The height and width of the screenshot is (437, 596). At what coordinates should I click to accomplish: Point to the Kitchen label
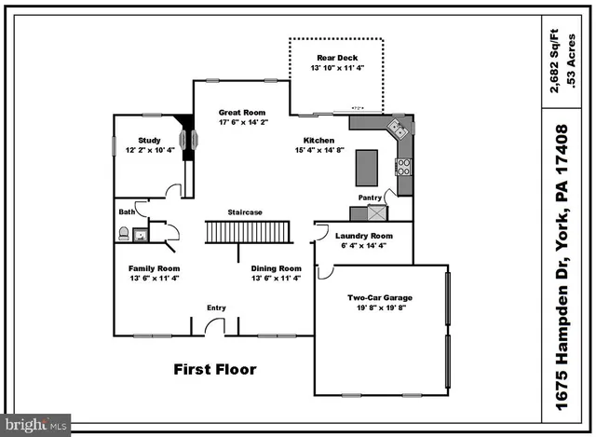pyautogui.click(x=319, y=140)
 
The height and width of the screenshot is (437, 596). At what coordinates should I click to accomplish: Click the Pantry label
pyautogui.click(x=370, y=198)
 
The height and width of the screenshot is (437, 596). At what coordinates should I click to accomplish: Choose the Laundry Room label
pyautogui.click(x=364, y=236)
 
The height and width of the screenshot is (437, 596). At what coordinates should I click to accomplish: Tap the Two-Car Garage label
pyautogui.click(x=380, y=298)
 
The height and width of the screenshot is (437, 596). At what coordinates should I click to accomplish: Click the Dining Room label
pyautogui.click(x=277, y=268)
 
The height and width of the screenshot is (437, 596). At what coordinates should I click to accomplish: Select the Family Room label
pyautogui.click(x=154, y=268)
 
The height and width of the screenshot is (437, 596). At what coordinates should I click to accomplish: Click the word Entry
pyautogui.click(x=216, y=307)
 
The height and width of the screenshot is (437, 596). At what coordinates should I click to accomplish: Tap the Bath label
pyautogui.click(x=127, y=212)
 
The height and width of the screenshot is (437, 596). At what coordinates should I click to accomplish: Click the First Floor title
pyautogui.click(x=215, y=369)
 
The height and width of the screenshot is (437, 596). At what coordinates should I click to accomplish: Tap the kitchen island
pyautogui.click(x=367, y=169)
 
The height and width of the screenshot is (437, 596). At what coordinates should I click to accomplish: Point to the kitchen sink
pyautogui.click(x=397, y=130)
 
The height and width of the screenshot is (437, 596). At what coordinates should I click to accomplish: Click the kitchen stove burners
pyautogui.click(x=404, y=167)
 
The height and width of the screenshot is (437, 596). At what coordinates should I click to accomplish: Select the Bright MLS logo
pyautogui.click(x=35, y=424)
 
